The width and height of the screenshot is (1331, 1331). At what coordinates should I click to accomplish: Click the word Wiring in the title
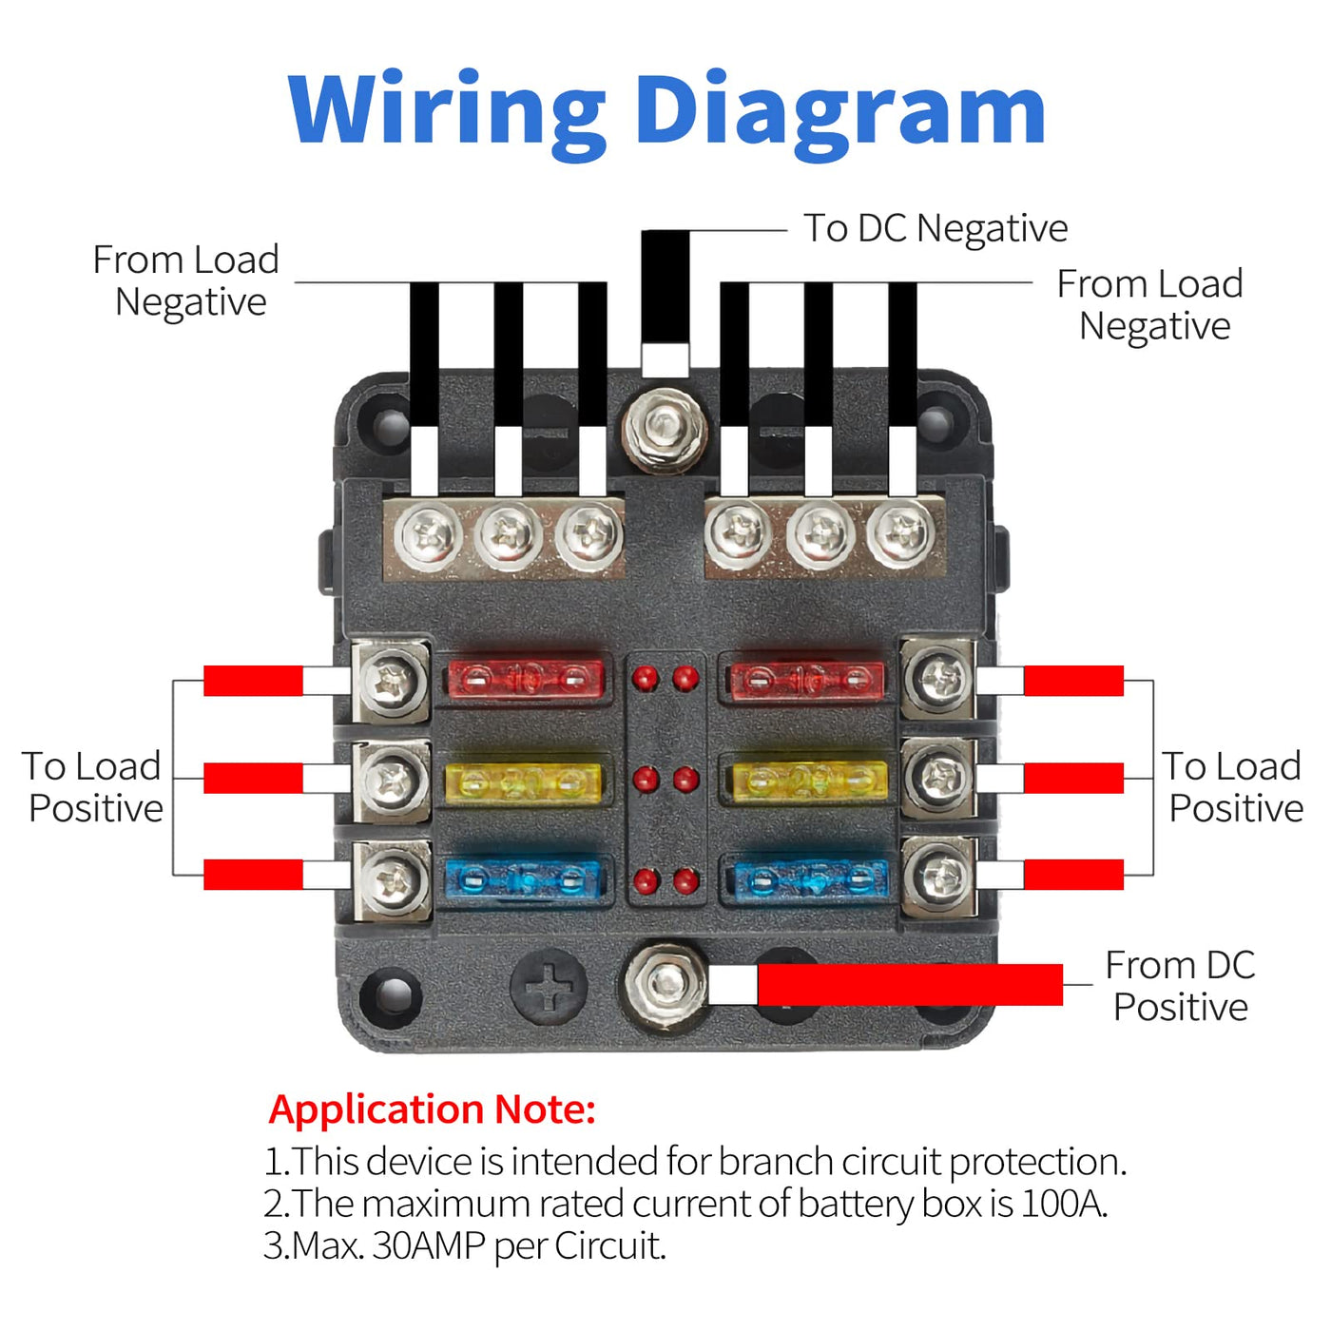click(x=445, y=112)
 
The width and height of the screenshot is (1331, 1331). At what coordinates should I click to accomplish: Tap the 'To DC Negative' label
click(x=936, y=228)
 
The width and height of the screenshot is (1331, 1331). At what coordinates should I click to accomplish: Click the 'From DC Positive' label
click(x=1180, y=986)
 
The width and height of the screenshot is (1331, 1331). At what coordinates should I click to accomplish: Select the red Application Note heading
click(x=432, y=1109)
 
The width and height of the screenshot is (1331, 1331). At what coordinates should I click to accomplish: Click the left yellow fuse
click(x=523, y=781)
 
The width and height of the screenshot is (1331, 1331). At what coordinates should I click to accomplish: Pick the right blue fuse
click(x=809, y=880)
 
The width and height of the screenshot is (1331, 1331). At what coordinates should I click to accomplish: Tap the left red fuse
click(x=525, y=679)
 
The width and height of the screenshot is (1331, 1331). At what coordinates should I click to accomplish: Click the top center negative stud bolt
click(x=665, y=430)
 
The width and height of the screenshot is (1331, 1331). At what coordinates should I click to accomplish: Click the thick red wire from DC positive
click(x=909, y=985)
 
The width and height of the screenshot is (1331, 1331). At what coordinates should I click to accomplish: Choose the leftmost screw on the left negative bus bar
click(x=427, y=535)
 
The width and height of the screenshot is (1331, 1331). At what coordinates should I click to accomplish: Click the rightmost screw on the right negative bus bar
click(x=900, y=535)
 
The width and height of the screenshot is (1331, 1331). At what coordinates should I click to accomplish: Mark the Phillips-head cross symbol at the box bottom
click(x=549, y=987)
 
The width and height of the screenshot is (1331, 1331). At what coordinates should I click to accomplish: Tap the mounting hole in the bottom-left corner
click(x=391, y=994)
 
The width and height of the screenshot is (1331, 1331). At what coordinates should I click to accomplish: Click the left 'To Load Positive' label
click(x=94, y=787)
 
